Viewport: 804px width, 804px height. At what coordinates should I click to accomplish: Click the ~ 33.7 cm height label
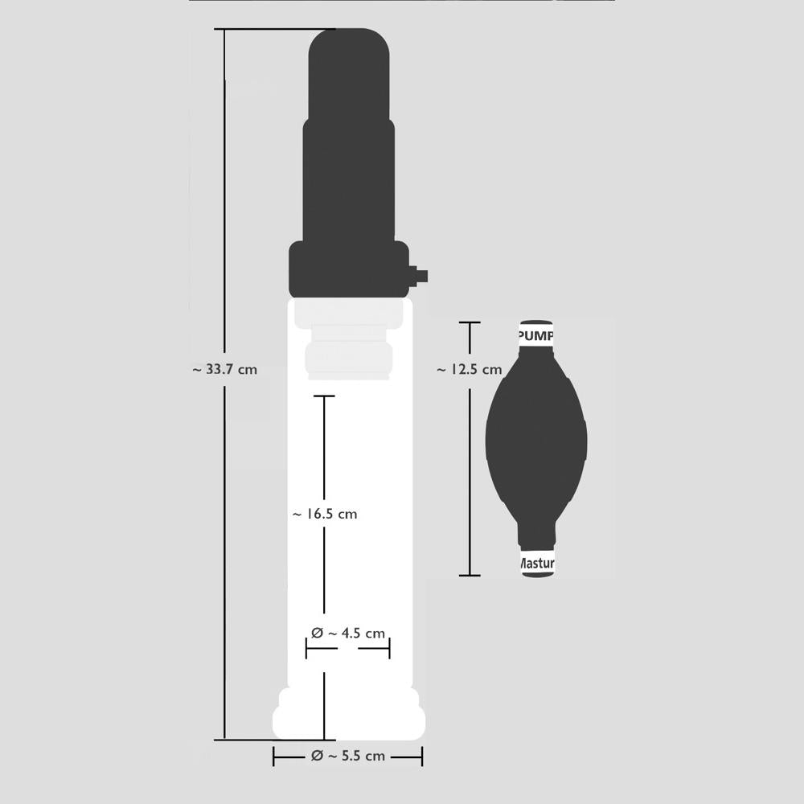pos(225,370)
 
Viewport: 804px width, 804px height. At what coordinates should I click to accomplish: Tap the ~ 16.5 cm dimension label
pos(324,514)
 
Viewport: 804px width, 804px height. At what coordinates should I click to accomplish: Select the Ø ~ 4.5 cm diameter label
pos(347,634)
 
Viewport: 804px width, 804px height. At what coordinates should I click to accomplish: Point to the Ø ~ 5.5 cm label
pos(347,757)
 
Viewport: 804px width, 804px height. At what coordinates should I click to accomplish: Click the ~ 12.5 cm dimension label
pos(470,370)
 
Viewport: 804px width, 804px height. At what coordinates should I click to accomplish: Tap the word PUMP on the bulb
pos(535,335)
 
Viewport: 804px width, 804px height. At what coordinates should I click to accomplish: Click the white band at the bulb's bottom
pos(535,564)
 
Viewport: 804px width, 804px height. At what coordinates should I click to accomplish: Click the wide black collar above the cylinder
pos(350,269)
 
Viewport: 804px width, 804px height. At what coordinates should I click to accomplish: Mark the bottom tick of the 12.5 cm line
pos(470,575)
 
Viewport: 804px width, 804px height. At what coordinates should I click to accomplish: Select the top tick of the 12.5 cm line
pos(470,322)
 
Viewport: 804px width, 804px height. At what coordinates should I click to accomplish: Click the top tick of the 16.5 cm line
pos(324,396)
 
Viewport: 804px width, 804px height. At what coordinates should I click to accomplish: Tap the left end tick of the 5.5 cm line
pos(274,757)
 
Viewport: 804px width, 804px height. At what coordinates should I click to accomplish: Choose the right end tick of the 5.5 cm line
pos(422,757)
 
